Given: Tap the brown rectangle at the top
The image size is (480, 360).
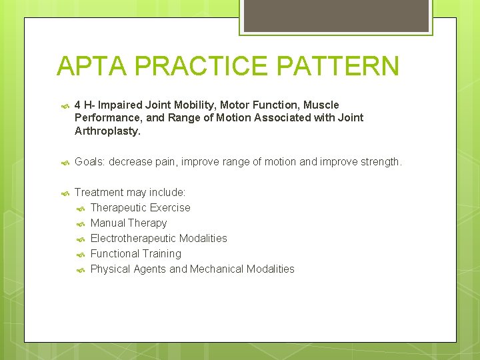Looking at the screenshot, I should (335, 15).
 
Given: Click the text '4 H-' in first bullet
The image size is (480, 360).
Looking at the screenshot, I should (85, 105).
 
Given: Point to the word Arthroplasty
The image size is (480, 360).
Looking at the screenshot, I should (107, 131).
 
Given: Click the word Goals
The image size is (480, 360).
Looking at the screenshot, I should (89, 162).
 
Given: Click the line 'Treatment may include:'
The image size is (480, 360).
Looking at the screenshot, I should (130, 193).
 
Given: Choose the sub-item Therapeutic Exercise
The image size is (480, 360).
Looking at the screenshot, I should (140, 208).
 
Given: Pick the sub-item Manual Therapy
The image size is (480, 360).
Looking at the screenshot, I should (129, 223).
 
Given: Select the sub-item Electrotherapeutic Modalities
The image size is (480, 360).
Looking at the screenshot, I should (159, 239).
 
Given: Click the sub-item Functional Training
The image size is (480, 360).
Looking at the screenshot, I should (135, 254).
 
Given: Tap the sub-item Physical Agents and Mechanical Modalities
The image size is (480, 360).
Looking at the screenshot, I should (192, 269).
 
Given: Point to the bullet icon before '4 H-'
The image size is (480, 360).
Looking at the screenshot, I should (65, 105).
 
